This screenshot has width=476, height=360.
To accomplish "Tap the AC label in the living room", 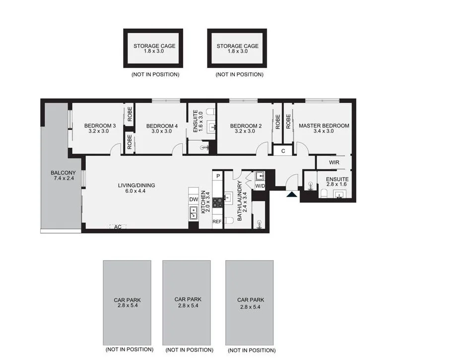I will tap(118, 227).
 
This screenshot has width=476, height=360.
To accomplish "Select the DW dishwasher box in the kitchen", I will tap(194, 199).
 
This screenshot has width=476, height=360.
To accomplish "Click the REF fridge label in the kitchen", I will tap(217, 222).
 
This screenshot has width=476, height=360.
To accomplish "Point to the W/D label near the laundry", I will tap(260, 186).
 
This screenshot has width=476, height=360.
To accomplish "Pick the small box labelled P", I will tap(217, 176).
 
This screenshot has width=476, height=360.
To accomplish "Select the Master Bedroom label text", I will tap(324, 125).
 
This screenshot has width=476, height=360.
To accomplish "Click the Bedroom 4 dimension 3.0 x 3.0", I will tap(162, 131).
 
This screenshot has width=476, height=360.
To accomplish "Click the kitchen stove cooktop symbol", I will tap(217, 202).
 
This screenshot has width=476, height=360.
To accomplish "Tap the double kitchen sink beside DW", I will tap(194, 213).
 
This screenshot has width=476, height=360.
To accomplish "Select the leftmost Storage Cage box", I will tap(154, 48).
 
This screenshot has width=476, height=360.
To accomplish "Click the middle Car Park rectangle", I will tap(188, 302).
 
